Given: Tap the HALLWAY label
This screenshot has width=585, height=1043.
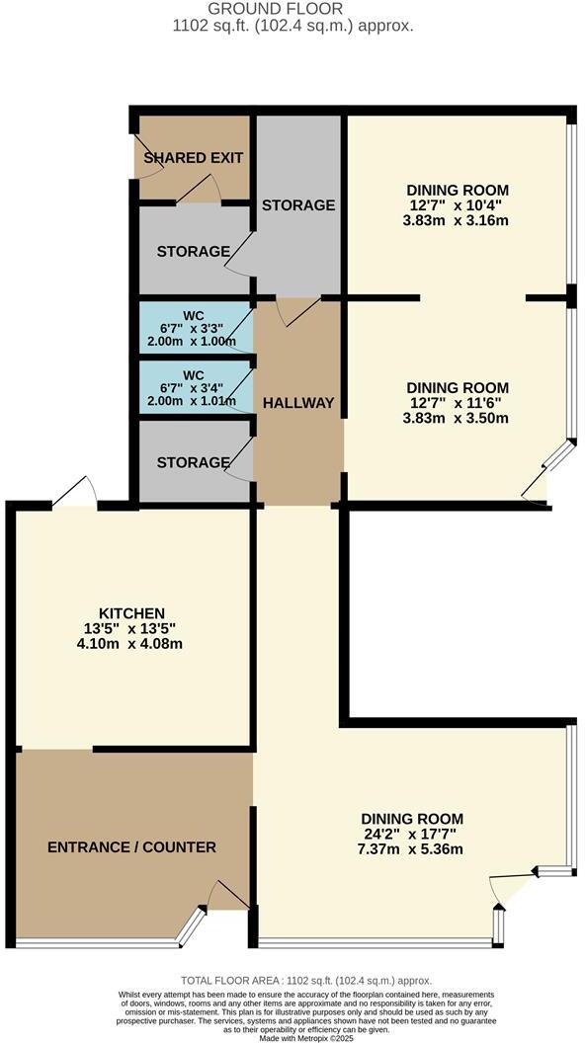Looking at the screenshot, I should point(297,402).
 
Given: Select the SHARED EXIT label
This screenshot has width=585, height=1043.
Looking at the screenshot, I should point(194,158).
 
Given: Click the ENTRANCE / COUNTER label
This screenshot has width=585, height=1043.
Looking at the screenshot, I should point(131,846).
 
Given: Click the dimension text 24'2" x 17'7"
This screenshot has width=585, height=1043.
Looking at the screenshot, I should point(412,835).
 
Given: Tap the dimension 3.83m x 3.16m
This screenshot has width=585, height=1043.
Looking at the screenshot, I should point(458,220).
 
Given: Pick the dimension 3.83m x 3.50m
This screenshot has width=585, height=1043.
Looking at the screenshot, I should point(458,418).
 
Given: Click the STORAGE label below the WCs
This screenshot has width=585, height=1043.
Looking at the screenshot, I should point(194,462).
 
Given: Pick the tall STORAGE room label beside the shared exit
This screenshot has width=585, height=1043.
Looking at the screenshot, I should point(297,205).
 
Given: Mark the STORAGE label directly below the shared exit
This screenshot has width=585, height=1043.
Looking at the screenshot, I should point(194,252).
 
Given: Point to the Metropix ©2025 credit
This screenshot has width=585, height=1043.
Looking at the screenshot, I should point(292,1037).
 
